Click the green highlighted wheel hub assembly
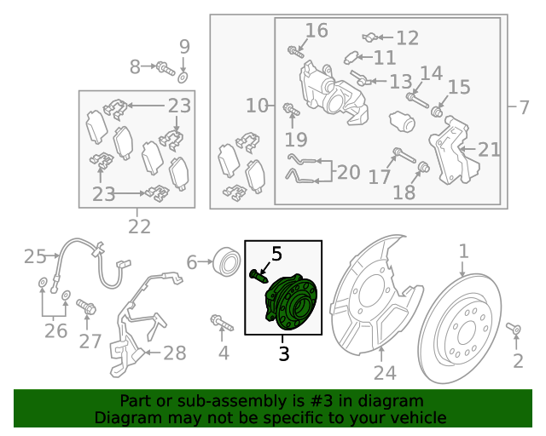pyautogui.click(x=292, y=301)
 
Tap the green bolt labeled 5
pyautogui.click(x=258, y=277)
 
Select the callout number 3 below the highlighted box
pyautogui.click(x=284, y=354)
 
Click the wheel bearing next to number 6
pyautogui.click(x=227, y=261)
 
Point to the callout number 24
pyautogui.click(x=385, y=373)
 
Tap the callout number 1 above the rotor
pyautogui.click(x=463, y=251)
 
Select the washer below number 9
pyautogui.click(x=183, y=77)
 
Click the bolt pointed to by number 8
pyautogui.click(x=165, y=68)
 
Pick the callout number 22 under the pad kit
pyautogui.click(x=139, y=227)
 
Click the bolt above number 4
pyautogui.click(x=222, y=322)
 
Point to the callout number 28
pyautogui.click(x=175, y=353)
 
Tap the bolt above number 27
pyautogui.click(x=86, y=307)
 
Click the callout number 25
pyautogui.click(x=35, y=256)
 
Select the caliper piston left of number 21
pyautogui.click(x=402, y=122)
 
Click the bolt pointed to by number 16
pyautogui.click(x=296, y=52)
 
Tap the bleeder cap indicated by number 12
pyautogui.click(x=369, y=37)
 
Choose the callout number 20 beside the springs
pyautogui.click(x=349, y=173)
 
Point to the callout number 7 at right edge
pyautogui.click(x=524, y=107)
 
